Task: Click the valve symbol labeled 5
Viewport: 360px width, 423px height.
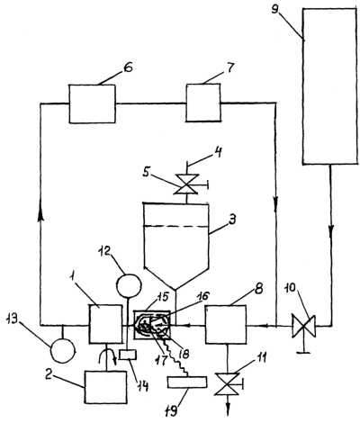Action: click(x=187, y=184)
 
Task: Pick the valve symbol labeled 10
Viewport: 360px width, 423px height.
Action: click(x=304, y=326)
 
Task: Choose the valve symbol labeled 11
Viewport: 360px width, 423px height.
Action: click(x=227, y=384)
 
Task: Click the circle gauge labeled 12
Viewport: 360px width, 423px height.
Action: click(x=129, y=284)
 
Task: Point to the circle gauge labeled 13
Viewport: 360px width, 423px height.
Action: click(x=62, y=351)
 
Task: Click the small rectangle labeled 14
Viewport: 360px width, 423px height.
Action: click(x=128, y=355)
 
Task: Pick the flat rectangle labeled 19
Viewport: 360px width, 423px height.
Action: click(x=187, y=382)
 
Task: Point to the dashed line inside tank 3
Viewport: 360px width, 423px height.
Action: click(x=176, y=226)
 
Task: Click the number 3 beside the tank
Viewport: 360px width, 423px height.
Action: click(x=231, y=220)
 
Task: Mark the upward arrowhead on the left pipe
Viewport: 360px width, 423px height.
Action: click(x=40, y=215)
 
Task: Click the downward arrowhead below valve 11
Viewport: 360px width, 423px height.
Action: click(x=228, y=410)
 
